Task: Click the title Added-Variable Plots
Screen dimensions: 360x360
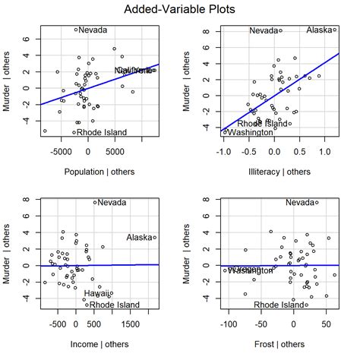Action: coord(179,10)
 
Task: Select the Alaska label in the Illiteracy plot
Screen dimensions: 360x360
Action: coord(319,30)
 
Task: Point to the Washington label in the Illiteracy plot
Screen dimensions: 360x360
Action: coord(250,133)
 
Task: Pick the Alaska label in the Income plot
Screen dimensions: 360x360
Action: coord(140,238)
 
